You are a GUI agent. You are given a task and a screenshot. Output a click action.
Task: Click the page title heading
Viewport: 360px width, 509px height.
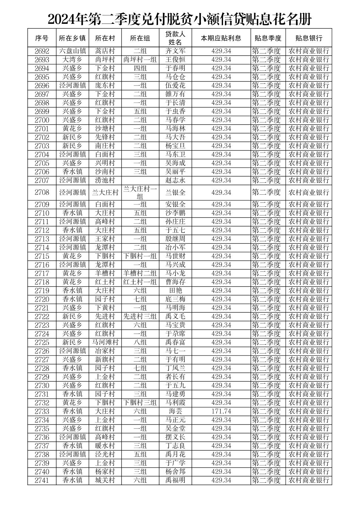tap(179, 19)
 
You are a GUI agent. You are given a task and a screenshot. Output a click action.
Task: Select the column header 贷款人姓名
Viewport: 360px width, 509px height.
tap(175, 38)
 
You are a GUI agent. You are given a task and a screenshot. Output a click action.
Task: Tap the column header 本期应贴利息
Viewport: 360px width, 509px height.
tap(221, 38)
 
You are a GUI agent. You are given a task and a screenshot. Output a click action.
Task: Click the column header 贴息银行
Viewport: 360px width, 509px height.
tap(308, 38)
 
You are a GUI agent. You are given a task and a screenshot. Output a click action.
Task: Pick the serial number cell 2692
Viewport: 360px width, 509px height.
tap(42, 51)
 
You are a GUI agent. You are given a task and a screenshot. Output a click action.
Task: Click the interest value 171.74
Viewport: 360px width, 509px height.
tap(221, 411)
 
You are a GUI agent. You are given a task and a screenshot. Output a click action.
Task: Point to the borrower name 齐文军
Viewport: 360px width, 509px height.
tap(175, 51)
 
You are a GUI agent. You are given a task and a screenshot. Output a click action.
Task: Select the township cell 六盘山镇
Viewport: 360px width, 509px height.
tap(73, 51)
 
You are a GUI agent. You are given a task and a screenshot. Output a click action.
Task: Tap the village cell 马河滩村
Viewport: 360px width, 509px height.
tap(105, 342)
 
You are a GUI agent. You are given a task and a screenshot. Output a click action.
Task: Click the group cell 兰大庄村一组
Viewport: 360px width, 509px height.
tap(140, 192)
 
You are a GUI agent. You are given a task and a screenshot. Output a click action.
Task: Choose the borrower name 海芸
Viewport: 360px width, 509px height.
tap(175, 411)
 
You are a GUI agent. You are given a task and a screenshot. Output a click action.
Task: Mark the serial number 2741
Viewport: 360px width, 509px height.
tap(42, 480)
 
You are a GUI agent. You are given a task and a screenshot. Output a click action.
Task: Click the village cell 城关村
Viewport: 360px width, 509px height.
tap(105, 480)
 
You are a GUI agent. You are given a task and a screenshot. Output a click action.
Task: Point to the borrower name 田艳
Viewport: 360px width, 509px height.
tap(175, 291)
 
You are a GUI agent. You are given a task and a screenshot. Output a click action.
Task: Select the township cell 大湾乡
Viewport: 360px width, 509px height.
tap(73, 60)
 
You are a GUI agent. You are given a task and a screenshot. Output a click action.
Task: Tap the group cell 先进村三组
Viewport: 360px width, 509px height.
tap(140, 316)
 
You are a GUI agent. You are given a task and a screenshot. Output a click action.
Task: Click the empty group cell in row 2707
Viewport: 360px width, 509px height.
tap(140, 180)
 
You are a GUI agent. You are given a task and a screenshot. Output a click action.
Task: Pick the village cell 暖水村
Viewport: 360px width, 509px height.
tap(105, 446)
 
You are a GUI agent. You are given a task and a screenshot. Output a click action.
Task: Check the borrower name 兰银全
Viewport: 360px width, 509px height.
tap(175, 192)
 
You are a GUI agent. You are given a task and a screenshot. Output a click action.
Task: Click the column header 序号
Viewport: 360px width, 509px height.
tap(42, 38)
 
